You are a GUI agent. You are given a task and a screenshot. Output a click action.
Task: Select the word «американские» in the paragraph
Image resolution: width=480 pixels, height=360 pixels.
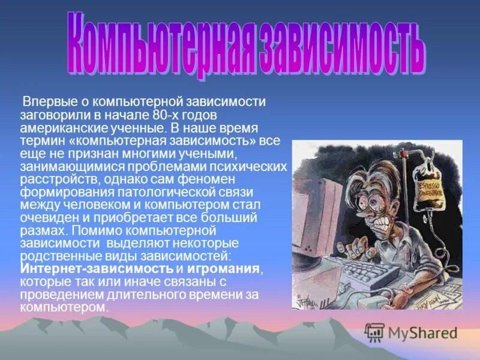click(58, 128)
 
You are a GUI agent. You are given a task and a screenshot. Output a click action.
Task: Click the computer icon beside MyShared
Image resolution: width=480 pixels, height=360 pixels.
click(374, 332)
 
